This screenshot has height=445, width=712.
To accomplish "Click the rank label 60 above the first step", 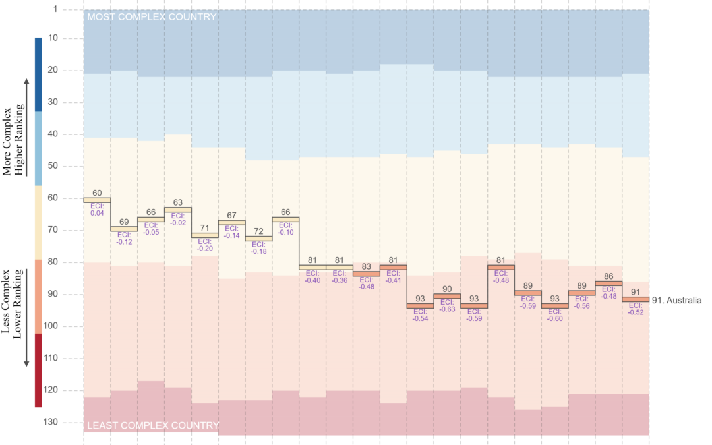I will [97, 193].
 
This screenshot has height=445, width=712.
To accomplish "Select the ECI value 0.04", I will [97, 213].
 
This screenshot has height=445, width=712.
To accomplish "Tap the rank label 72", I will [259, 232].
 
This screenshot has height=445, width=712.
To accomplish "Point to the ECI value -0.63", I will [448, 309].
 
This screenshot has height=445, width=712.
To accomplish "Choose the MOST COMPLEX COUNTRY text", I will [152, 16].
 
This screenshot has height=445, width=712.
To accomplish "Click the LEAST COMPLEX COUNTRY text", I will [152, 425].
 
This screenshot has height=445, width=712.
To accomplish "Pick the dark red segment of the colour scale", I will [38, 370].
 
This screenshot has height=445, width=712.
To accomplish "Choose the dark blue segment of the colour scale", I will [38, 74].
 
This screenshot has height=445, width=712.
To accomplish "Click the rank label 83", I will [367, 266].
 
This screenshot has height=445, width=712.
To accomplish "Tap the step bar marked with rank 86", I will [609, 283].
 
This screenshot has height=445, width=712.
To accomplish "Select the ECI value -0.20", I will [205, 249].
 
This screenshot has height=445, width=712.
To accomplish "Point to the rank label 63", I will [178, 202].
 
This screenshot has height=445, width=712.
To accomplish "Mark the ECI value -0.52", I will [636, 312].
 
